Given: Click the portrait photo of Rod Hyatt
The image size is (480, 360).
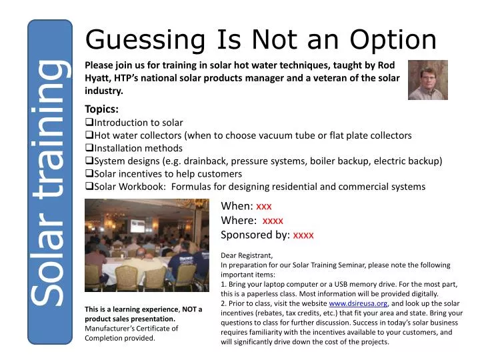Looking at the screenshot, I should click(x=427, y=80).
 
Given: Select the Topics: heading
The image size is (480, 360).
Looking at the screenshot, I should click(x=102, y=109).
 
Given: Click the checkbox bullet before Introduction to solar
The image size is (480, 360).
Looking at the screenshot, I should click(x=89, y=123).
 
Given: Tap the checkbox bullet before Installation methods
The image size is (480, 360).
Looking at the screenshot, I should click(x=89, y=148).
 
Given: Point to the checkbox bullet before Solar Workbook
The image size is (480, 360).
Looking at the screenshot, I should click(x=89, y=187).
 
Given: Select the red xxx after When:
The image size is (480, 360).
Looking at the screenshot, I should click(x=264, y=206).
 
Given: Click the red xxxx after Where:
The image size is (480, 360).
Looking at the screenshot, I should click(x=273, y=220).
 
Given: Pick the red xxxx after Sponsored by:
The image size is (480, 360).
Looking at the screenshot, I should click(x=303, y=235).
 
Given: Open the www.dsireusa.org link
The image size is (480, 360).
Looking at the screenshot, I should click(x=358, y=303).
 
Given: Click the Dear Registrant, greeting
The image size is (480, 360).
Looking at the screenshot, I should click(x=247, y=255).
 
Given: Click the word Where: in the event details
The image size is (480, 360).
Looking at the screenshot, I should click(x=239, y=220).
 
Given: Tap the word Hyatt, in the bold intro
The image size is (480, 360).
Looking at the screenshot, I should click(x=99, y=79).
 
